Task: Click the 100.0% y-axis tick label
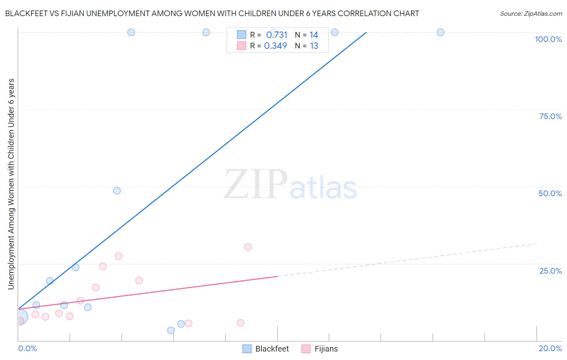coord(548,39)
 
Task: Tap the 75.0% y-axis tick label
coord(550,116)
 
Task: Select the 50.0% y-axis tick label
coord(550,193)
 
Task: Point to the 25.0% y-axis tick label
coord(550,270)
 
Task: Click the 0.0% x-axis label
coord(27,348)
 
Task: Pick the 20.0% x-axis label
coord(550,348)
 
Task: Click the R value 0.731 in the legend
coord(277,35)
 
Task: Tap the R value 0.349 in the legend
coord(275,46)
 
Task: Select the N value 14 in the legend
coord(314,35)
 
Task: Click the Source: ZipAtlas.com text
coord(531,13)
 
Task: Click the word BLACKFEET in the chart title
coord(27,13)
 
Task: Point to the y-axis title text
coord(11,184)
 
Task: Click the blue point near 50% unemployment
coord(117,190)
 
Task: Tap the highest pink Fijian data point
coord(248,247)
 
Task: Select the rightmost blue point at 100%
coord(440,32)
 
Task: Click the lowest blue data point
coord(171,331)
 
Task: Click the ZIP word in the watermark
coord(255,184)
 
